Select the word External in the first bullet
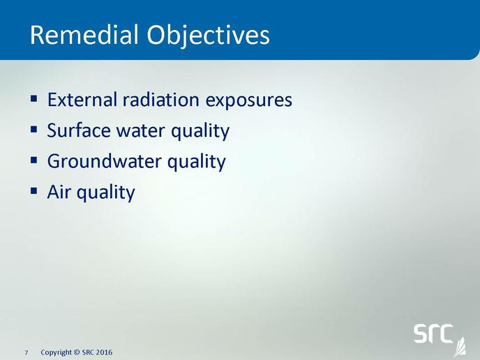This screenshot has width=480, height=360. click(x=82, y=100)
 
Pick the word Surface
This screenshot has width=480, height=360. click(x=79, y=130)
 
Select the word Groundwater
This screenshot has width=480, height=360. click(x=104, y=161)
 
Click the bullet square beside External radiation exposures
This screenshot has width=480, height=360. click(x=34, y=99)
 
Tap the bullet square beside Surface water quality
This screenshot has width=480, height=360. click(x=34, y=130)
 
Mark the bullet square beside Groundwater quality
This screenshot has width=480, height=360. click(x=34, y=160)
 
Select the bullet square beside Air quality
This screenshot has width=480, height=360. click(x=34, y=191)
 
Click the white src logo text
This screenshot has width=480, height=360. click(x=433, y=333)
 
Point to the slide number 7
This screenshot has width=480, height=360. click(x=27, y=352)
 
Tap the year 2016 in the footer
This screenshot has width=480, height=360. click(x=104, y=352)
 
